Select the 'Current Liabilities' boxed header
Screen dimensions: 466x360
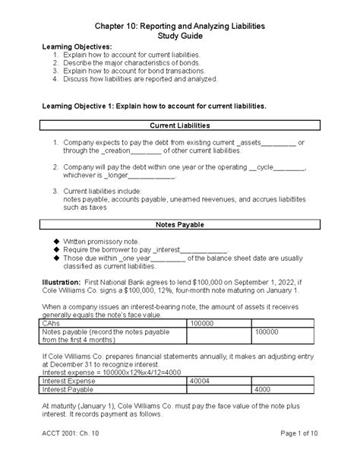coord(180,124)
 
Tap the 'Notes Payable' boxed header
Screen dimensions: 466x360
coord(180,225)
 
